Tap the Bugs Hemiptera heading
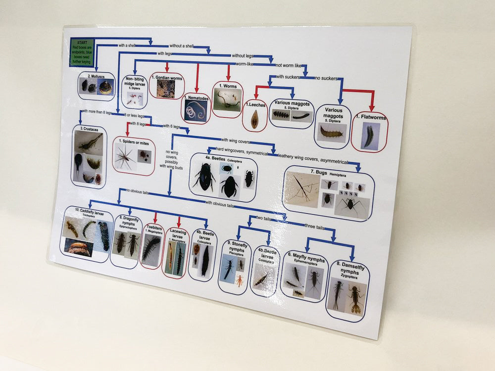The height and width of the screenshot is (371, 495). [323, 171]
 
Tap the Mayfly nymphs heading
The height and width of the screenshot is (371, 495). [307, 260]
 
